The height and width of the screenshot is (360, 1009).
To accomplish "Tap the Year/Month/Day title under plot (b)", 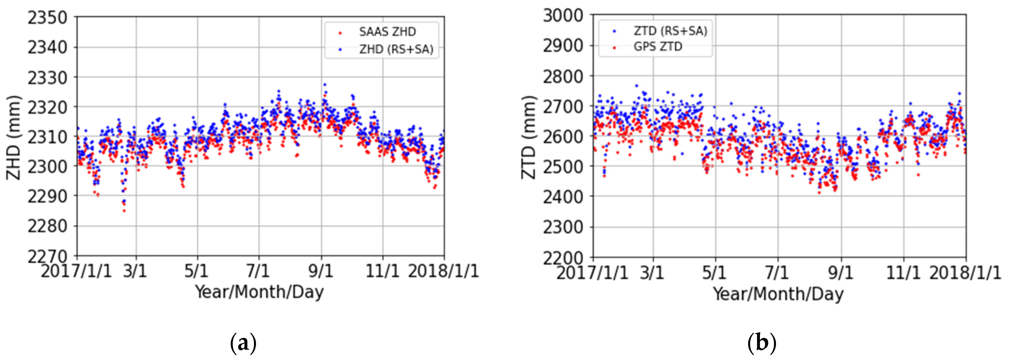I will (777, 294).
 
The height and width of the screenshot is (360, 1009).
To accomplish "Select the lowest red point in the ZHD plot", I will (124, 211).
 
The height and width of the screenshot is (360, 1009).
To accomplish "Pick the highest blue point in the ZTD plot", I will (636, 86).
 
